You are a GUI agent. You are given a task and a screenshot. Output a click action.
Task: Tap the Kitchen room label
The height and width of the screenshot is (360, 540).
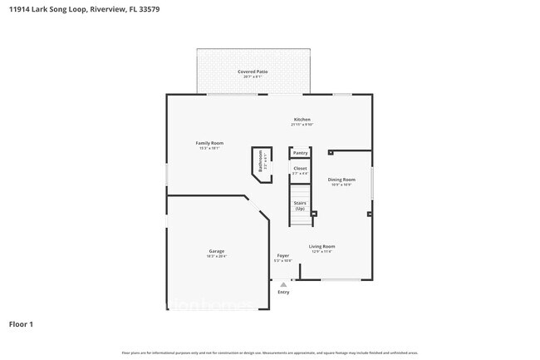point(301,120)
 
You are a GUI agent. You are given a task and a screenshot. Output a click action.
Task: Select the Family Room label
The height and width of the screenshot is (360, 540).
point(209,143)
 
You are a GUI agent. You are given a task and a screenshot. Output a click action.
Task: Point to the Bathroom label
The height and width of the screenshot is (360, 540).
point(260,160)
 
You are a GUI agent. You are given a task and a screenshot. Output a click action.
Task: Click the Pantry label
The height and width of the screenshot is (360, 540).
point(300,153)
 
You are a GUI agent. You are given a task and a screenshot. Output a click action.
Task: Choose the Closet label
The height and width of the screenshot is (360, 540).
point(300,169)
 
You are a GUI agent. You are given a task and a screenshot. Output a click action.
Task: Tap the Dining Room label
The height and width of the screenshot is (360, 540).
point(341,180)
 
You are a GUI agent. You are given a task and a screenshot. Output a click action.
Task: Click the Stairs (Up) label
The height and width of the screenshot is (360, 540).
point(300,205)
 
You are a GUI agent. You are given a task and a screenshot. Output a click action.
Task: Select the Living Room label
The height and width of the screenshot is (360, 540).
point(322,246)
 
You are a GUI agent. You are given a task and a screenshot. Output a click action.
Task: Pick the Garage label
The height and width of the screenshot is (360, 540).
point(216,251)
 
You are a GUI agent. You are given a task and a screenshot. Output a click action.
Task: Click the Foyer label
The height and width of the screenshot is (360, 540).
point(283,256)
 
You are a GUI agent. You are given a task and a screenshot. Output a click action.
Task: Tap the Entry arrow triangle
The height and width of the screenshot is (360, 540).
point(283,284)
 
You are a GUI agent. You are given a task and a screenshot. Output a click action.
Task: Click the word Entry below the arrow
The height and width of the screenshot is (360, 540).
point(283,292)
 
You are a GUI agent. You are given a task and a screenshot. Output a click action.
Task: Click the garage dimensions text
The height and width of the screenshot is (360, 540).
point(216,257)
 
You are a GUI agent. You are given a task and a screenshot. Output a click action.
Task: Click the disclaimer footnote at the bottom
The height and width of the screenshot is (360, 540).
point(269,353)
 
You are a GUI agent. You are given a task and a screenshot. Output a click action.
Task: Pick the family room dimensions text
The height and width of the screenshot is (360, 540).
point(209,149)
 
